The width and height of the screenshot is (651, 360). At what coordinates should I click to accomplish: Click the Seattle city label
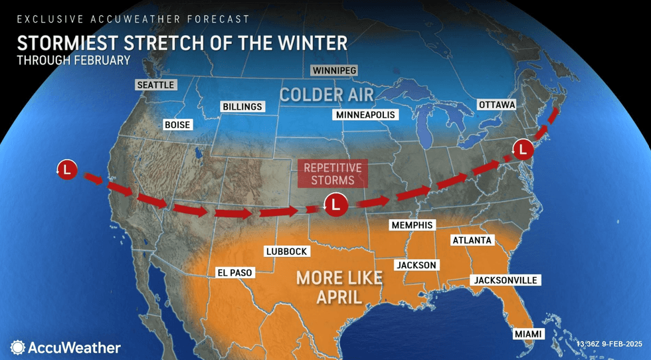(x=155, y=85)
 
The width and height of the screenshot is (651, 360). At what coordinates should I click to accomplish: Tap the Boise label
(x=178, y=125)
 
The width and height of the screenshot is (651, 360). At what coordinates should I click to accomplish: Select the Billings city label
(x=242, y=106)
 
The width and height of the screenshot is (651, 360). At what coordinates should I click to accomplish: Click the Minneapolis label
(x=365, y=115)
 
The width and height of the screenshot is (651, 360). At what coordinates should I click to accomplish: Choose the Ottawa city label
(x=497, y=105)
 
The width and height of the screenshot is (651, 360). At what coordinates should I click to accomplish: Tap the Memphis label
(x=412, y=225)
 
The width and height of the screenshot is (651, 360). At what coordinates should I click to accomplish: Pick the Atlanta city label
(x=472, y=240)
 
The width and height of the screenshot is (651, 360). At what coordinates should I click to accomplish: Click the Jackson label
(x=417, y=265)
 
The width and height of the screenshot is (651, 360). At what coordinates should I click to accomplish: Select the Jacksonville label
(x=505, y=280)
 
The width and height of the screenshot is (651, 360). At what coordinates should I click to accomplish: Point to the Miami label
(x=528, y=333)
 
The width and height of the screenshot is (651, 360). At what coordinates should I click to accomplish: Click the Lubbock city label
(x=286, y=251)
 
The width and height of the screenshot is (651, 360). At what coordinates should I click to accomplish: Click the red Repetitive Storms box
(x=333, y=174)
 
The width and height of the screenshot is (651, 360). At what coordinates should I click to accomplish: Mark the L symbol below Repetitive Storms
(x=335, y=204)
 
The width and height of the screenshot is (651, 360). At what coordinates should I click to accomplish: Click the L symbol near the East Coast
(x=523, y=148)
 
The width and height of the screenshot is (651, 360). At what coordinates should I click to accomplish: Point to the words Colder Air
(x=326, y=94)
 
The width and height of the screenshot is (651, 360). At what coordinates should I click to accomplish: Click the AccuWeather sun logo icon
(x=17, y=347)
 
